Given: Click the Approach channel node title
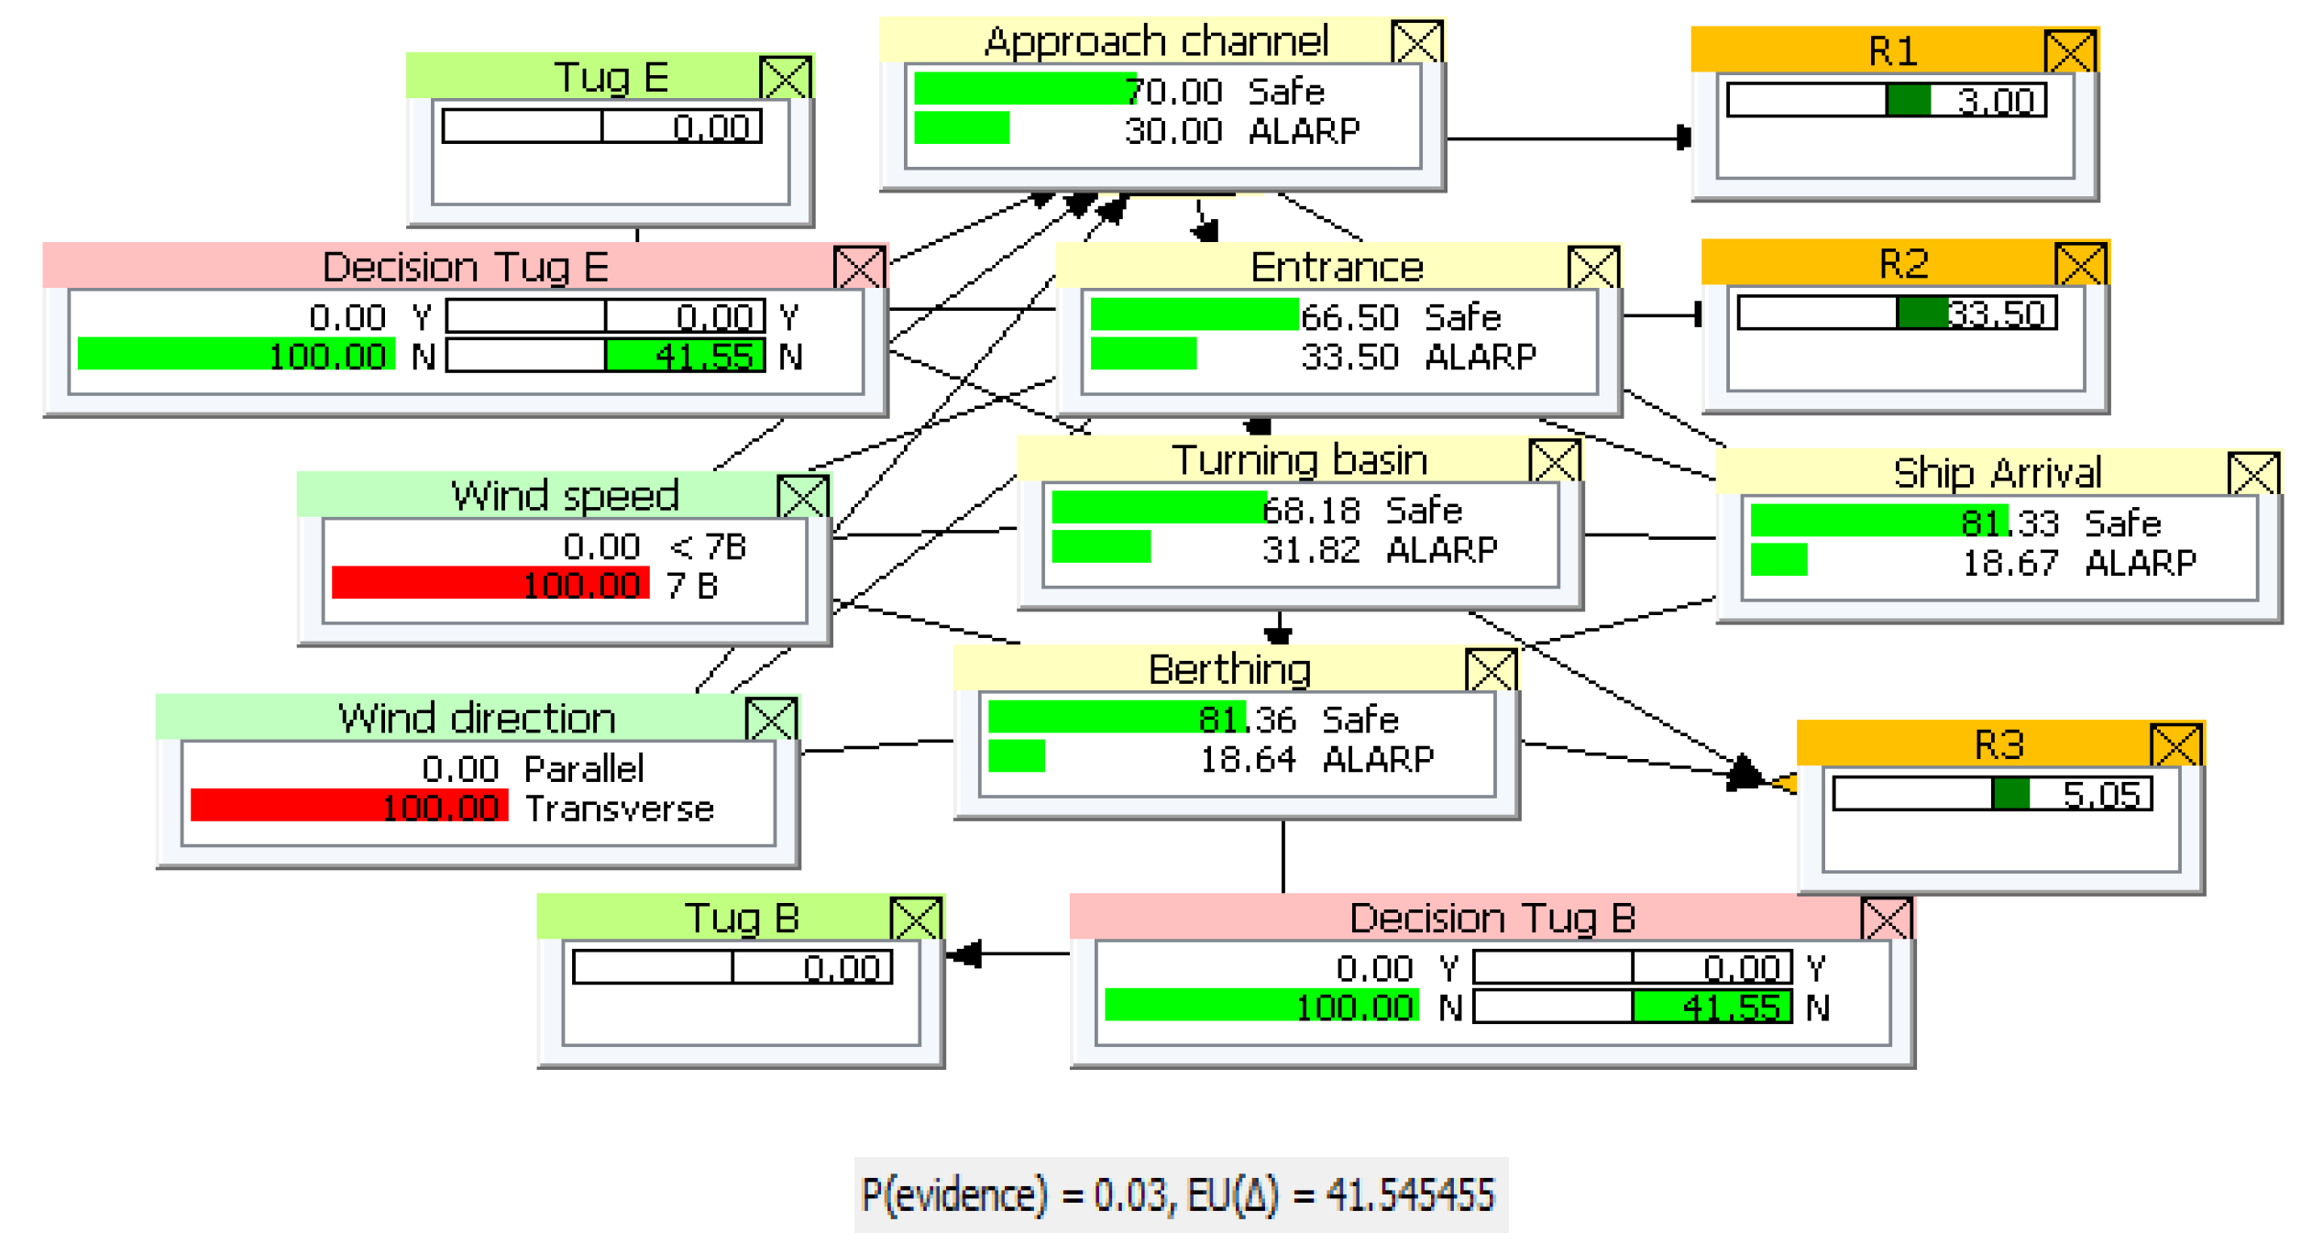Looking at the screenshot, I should pyautogui.click(x=1155, y=41).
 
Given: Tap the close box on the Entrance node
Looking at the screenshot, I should pyautogui.click(x=1592, y=268).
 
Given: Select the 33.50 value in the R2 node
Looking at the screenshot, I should pyautogui.click(x=1995, y=314).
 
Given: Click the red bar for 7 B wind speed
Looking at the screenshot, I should pyautogui.click(x=490, y=584).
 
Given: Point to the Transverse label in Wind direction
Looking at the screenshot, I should pyautogui.click(x=619, y=809).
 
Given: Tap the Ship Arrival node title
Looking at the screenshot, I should pyautogui.click(x=1996, y=473).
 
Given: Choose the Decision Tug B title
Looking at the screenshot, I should pyautogui.click(x=1492, y=918).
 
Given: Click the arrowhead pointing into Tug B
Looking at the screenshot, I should pyautogui.click(x=964, y=954).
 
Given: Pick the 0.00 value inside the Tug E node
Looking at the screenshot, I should pyautogui.click(x=710, y=127).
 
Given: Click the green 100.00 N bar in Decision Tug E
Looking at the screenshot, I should pyautogui.click(x=237, y=356).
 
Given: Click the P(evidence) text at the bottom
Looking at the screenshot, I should pyautogui.click(x=953, y=1195).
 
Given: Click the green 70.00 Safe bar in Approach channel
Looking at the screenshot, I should pyautogui.click(x=1024, y=90).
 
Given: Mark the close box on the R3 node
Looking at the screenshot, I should pyautogui.click(x=2174, y=745).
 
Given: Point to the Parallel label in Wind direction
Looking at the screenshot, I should pyautogui.click(x=583, y=769).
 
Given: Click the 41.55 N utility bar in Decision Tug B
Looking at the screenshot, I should pyautogui.click(x=1711, y=1007).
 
